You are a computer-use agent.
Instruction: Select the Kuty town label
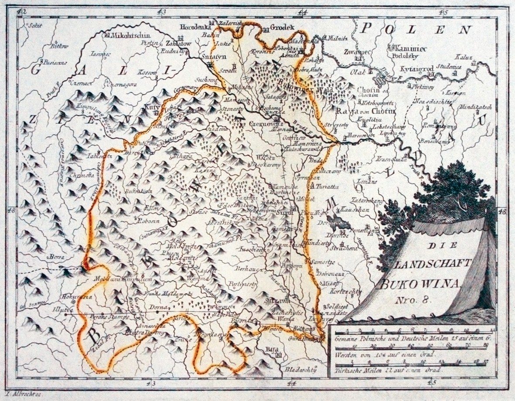[153, 105]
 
